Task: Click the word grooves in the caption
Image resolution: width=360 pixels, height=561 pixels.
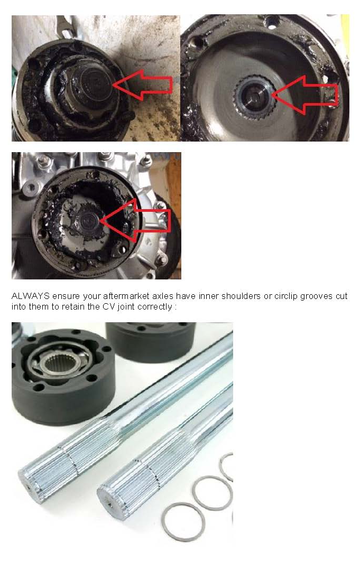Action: [318, 296]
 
